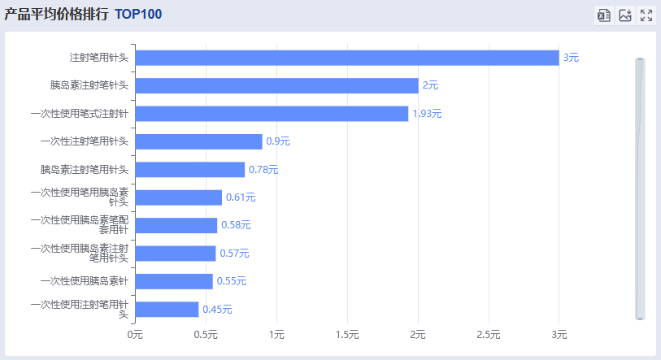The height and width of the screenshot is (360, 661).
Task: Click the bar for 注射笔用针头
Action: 346,58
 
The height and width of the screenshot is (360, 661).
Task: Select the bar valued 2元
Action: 276,85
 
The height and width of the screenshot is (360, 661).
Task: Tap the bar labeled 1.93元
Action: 272,114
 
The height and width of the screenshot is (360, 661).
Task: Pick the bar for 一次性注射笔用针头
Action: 198,141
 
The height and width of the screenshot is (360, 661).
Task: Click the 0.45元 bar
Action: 167,310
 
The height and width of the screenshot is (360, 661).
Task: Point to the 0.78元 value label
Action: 263,170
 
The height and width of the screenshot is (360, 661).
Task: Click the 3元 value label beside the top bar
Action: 571,58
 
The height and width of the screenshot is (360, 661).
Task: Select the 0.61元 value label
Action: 241,197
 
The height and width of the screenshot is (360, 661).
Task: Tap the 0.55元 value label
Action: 232,281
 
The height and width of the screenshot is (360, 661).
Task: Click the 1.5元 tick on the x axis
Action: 347,335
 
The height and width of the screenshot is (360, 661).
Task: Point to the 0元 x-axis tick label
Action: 135,335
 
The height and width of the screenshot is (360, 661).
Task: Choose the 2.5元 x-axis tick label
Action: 489,335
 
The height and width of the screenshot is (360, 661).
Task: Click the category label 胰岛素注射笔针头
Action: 89,85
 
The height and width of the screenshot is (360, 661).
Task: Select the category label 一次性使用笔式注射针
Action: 79,114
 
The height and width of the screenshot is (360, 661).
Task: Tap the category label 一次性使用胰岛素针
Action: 84,281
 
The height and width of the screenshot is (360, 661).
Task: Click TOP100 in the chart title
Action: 138,15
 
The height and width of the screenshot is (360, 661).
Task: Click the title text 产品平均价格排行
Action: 56,15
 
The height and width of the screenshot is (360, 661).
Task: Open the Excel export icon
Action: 603,15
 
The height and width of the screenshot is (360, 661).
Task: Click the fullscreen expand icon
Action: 646,15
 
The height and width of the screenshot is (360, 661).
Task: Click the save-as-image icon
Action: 625,15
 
